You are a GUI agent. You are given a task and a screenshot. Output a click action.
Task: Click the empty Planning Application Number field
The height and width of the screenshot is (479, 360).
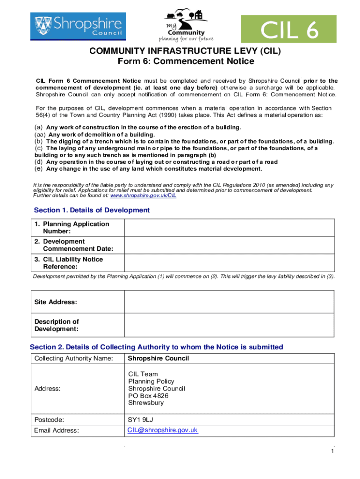(229, 228)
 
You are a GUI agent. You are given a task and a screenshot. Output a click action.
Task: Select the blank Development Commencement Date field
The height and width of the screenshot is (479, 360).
(229, 245)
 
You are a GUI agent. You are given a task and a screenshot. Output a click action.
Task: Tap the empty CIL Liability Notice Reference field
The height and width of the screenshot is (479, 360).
(229, 263)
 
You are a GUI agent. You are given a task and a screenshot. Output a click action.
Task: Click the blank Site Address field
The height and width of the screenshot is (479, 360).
(229, 302)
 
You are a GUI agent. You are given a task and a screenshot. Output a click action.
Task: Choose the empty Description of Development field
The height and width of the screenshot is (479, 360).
(229, 325)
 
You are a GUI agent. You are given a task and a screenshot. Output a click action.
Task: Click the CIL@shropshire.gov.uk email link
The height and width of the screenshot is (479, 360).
(163, 430)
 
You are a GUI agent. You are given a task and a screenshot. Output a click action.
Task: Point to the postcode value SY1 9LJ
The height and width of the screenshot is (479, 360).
(140, 420)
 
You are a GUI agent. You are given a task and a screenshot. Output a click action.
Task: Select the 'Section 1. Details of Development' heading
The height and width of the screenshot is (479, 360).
(92, 210)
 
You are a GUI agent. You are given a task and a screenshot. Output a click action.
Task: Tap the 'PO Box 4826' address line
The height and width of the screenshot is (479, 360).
(149, 396)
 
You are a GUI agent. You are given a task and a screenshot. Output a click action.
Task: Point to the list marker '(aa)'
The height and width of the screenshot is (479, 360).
(40, 134)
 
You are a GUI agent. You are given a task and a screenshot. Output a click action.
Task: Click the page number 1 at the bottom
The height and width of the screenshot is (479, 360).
(332, 451)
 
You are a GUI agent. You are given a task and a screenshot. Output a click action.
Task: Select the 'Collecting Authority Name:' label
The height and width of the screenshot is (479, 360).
(74, 358)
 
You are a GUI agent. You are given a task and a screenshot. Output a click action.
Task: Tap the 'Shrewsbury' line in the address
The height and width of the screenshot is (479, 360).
(146, 403)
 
